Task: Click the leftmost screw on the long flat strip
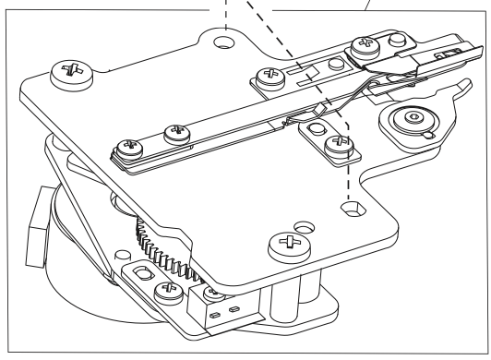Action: point(125,145)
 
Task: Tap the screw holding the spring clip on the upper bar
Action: point(365,45)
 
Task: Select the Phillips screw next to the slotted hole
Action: point(167,294)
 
